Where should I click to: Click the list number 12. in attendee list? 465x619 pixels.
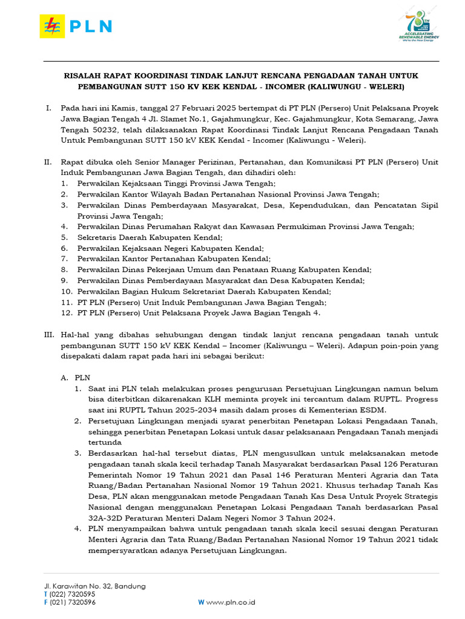[x=67, y=313]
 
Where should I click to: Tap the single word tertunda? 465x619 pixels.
[x=106, y=442]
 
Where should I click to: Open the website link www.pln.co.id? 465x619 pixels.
[x=231, y=602]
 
